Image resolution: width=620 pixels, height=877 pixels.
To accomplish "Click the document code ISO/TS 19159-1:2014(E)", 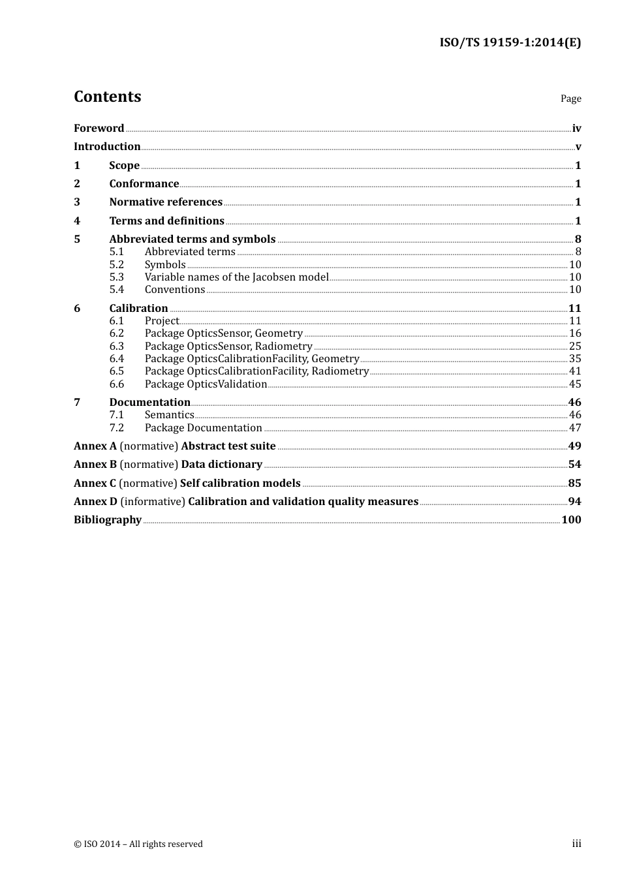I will click(510, 42).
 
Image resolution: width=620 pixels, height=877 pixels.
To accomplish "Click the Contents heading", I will click(107, 97).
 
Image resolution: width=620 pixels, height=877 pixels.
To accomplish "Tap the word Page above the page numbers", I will click(570, 99).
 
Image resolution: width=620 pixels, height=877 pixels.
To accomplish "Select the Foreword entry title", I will click(99, 129).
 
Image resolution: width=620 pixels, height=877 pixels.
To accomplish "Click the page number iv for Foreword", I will click(576, 129).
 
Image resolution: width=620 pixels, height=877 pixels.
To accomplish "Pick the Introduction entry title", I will click(107, 147).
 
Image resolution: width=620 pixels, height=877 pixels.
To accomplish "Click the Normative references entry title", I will click(166, 202).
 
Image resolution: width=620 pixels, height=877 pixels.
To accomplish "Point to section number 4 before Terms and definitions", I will click(77, 221).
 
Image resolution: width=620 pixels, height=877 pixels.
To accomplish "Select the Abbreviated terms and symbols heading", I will click(193, 239).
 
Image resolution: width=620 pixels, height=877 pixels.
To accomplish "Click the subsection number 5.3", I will click(117, 277).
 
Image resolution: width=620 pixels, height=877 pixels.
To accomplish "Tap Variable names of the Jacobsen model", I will click(236, 277).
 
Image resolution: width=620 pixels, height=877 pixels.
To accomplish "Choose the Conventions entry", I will click(175, 290).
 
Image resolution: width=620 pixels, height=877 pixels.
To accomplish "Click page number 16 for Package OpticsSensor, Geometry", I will click(575, 333).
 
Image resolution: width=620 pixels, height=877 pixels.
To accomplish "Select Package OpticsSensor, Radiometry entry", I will click(228, 346).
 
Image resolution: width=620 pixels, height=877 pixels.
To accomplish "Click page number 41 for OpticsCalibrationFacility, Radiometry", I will click(575, 371).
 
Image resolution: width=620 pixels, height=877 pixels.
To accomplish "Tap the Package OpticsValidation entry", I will click(206, 384).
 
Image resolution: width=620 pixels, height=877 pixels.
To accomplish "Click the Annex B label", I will click(95, 465).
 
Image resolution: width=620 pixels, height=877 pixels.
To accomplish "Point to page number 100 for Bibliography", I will click(571, 520).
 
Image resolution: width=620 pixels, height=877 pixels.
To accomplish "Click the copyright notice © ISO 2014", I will click(138, 844).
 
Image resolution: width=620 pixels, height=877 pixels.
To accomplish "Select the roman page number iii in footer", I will click(576, 844).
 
